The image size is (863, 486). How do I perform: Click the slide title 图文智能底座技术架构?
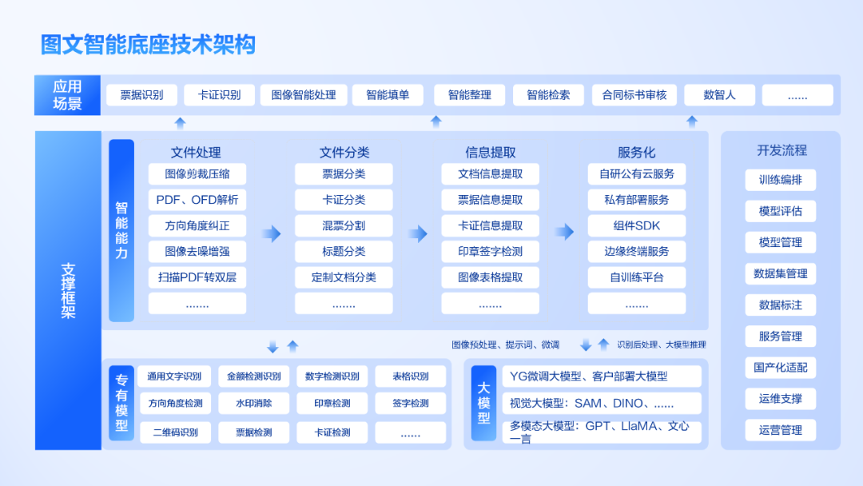[x=148, y=44]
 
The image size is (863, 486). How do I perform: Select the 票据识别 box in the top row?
[x=141, y=95]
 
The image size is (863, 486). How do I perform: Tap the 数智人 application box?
[x=719, y=95]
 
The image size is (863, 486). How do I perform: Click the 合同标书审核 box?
[x=634, y=95]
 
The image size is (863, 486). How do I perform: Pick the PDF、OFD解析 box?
[x=197, y=200]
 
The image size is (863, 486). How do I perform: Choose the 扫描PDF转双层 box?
[x=197, y=277]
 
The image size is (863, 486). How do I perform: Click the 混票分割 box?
[x=344, y=225]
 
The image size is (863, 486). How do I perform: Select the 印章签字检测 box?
[x=490, y=251]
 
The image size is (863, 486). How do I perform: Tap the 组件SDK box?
[x=637, y=225]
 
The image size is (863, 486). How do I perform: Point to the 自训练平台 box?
[x=637, y=277]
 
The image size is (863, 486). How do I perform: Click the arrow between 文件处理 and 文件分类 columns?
[x=272, y=233]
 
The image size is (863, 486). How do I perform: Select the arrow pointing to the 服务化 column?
[x=565, y=233]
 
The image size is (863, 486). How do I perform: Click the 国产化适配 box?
[x=781, y=368]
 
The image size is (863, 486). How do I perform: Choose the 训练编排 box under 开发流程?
[x=781, y=180]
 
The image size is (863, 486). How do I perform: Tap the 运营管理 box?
[x=781, y=430]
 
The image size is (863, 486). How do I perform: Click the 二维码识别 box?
[x=175, y=432]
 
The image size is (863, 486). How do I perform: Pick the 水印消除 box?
[x=253, y=404]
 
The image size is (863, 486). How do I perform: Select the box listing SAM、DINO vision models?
[x=603, y=404]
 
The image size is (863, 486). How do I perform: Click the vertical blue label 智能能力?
[x=121, y=230]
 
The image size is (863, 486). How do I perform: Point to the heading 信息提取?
[x=491, y=152]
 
